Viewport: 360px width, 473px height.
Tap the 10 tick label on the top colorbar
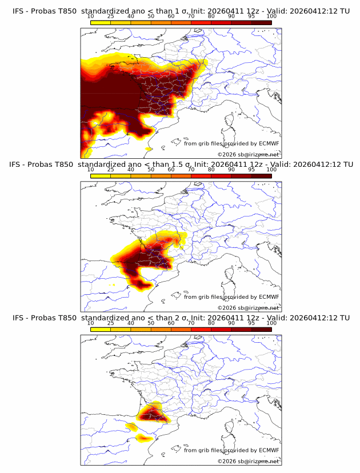[x=91, y=16]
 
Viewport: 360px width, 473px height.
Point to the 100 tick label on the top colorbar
[x=271, y=16]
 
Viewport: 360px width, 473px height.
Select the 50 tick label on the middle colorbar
[x=151, y=170]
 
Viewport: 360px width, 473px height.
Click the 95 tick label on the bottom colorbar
[x=251, y=323]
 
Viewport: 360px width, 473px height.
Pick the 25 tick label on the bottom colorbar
[x=111, y=323]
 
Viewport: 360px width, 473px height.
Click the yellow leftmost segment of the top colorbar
[x=101, y=22]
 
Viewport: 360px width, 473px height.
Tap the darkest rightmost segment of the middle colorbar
[x=261, y=176]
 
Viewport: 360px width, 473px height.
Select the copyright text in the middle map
[x=248, y=307]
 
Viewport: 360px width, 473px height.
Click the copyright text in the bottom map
[x=248, y=461]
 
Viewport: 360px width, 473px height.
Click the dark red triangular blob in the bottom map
[x=154, y=412]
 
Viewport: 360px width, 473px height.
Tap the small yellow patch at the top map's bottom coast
[x=149, y=149]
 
